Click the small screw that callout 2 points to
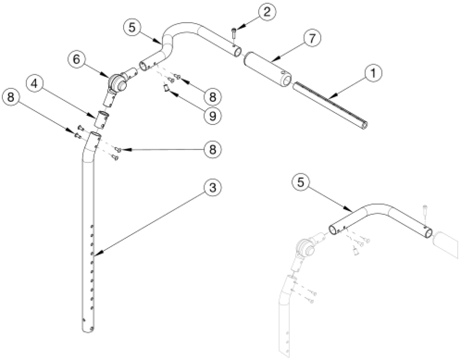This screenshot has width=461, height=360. click(x=235, y=33)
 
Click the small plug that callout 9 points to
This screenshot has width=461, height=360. click(x=166, y=88)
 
